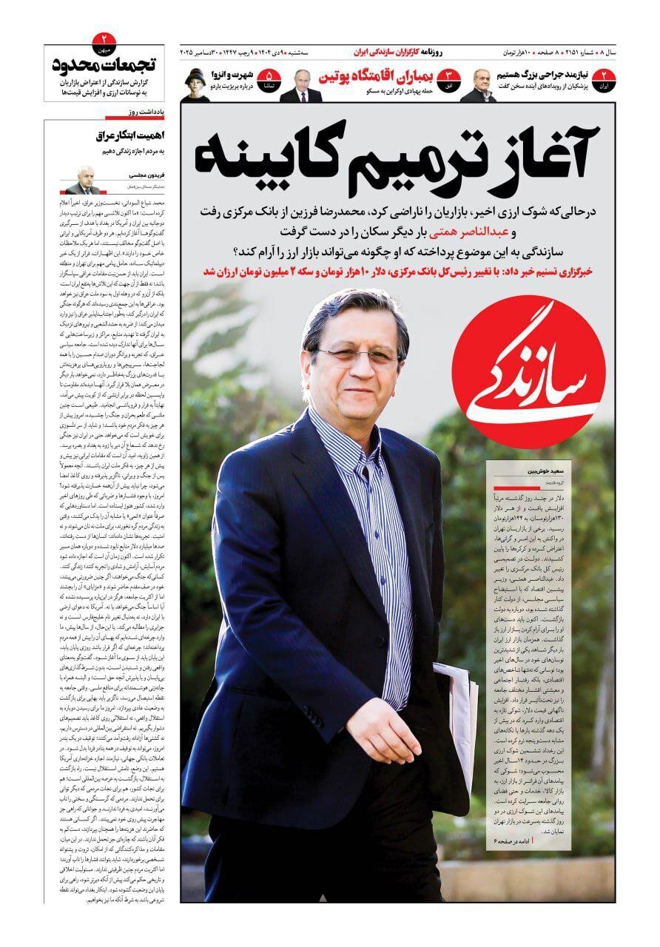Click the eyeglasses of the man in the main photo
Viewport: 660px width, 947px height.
click(355, 355)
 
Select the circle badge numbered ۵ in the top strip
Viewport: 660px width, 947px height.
click(269, 78)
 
